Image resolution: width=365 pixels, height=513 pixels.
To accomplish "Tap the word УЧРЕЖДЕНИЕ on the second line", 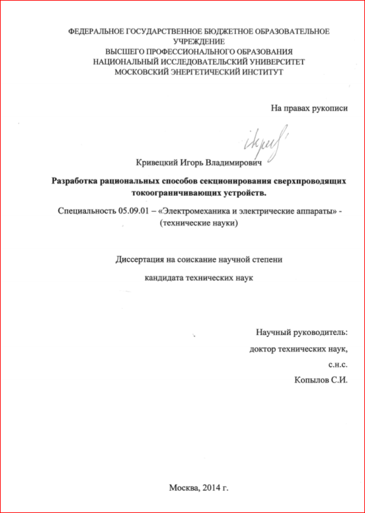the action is click(199, 41).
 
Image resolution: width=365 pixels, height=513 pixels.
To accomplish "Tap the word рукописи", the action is click(330, 108).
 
